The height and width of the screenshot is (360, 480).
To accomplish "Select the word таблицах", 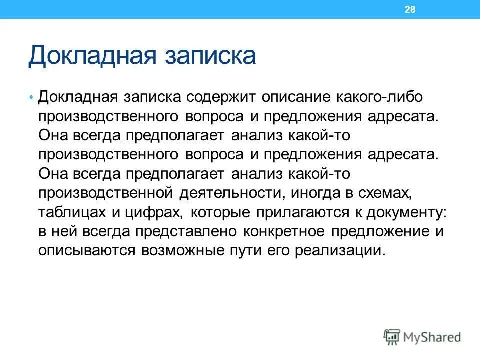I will click(x=71, y=211).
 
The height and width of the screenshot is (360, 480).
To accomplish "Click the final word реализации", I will click(x=340, y=250).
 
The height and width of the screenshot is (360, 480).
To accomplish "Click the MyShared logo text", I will click(x=432, y=336).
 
